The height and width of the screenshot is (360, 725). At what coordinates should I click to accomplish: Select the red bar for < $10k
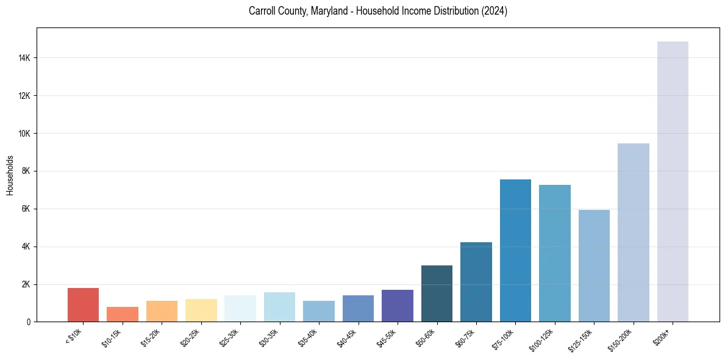click(83, 305)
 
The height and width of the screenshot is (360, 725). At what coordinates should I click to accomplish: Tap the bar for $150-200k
click(634, 232)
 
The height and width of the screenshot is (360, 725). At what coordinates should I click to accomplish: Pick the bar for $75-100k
click(515, 251)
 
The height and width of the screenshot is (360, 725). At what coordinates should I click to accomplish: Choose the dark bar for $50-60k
click(437, 293)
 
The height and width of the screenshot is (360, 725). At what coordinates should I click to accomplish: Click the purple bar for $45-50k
click(398, 306)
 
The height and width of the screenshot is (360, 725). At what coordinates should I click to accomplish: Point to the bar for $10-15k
click(123, 314)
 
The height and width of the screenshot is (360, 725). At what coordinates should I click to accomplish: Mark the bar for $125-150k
click(594, 266)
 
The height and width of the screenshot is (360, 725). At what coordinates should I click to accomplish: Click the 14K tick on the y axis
click(24, 58)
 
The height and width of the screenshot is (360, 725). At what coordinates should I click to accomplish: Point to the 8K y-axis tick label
click(26, 171)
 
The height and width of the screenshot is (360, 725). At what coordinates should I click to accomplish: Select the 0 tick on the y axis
click(29, 322)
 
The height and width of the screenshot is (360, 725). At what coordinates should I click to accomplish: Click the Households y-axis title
click(10, 175)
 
